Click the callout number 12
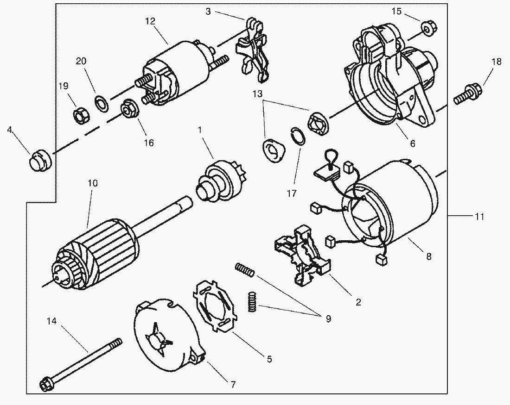click(150, 21)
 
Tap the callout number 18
click(496, 62)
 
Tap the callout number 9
click(328, 318)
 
